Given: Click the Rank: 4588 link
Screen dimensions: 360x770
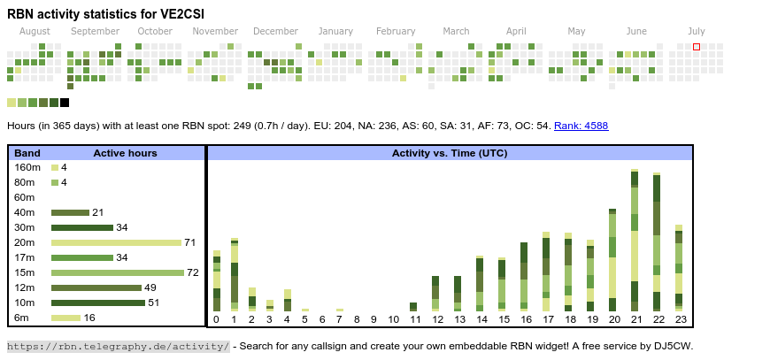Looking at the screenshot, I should (x=581, y=126).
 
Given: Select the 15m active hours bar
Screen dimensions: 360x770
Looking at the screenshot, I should (x=118, y=272).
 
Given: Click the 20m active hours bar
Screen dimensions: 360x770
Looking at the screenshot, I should (x=116, y=242).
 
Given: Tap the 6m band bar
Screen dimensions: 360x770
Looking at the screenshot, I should (x=65, y=318).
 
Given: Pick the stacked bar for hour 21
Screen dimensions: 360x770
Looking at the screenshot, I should (x=635, y=239).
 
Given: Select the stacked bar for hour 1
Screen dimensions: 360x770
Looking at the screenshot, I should (x=235, y=273).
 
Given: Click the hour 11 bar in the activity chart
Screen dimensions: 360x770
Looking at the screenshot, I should (x=413, y=307).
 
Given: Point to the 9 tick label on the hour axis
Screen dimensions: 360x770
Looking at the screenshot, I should (x=373, y=319).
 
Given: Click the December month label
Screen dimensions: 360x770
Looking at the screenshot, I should (x=281, y=31).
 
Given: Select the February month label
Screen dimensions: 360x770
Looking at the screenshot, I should (x=396, y=31).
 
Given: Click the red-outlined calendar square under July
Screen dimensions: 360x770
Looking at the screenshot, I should (x=697, y=46).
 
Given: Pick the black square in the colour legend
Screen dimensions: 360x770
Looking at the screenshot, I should (x=65, y=103).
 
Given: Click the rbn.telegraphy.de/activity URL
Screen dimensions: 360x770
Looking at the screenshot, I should (x=118, y=346).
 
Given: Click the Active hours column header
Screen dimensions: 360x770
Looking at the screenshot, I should (x=125, y=153).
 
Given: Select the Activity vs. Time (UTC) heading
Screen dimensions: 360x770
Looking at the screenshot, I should (x=450, y=153).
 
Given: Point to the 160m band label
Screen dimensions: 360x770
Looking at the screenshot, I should (x=27, y=167).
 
